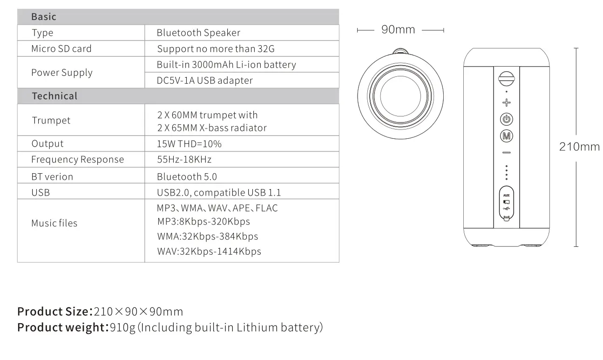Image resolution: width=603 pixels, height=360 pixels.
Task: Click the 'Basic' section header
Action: tap(44, 17)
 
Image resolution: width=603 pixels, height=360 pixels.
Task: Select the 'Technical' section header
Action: tap(54, 96)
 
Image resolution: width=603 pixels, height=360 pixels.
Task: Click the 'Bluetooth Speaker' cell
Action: tap(198, 33)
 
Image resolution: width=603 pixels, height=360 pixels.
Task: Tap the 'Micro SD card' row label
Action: tap(61, 48)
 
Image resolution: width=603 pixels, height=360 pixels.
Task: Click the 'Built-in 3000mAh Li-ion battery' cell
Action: tap(226, 64)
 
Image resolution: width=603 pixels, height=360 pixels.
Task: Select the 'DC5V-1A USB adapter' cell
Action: tap(205, 80)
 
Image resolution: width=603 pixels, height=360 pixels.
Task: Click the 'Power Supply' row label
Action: tap(61, 72)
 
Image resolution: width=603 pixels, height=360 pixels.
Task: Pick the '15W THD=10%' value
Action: tap(189, 143)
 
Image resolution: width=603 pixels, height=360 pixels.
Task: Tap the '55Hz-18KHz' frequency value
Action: tap(184, 159)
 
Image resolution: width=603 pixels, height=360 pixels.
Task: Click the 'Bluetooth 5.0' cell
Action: tap(187, 177)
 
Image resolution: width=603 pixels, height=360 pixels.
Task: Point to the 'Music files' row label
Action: tap(54, 223)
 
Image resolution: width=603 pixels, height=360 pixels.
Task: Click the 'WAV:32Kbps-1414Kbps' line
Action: tap(209, 251)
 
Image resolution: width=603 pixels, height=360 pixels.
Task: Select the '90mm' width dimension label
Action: tap(398, 30)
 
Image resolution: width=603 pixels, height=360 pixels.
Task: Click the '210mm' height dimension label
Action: tap(579, 147)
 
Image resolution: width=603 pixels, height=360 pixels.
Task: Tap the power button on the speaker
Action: tap(506, 119)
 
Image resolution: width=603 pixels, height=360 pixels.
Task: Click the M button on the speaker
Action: tap(506, 136)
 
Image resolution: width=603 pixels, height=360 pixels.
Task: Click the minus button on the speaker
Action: tap(506, 153)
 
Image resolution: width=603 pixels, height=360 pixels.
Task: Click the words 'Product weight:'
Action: tap(63, 327)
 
